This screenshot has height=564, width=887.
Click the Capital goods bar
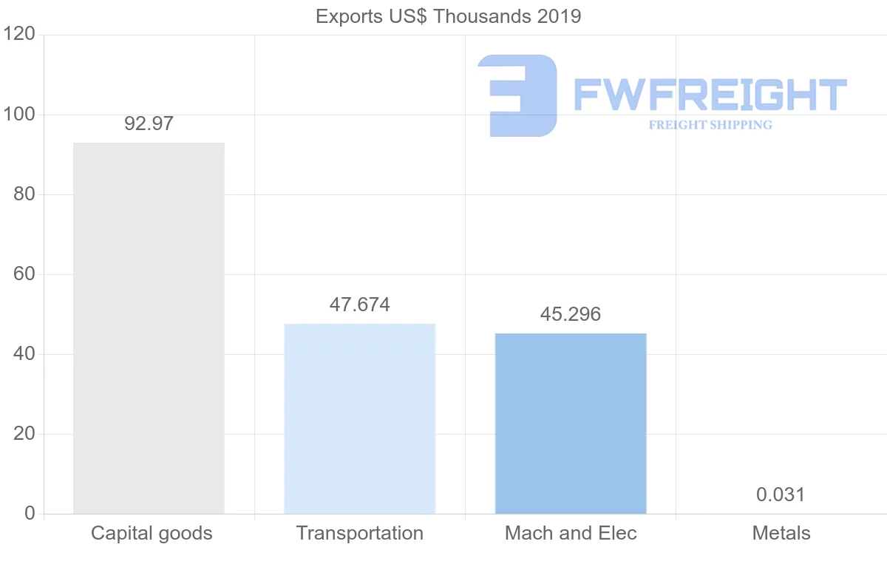tap(149, 328)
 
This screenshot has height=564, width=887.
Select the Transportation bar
tap(360, 418)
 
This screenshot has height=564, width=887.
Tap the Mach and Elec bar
tap(571, 424)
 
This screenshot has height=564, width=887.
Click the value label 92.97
tap(149, 123)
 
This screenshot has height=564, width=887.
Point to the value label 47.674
tap(360, 305)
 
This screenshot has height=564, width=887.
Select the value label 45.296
tap(571, 314)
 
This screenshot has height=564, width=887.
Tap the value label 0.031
tap(781, 495)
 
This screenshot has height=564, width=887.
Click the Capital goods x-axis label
tap(152, 533)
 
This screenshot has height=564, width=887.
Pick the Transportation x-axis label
tap(360, 533)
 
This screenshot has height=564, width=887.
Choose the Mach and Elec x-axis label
tap(571, 533)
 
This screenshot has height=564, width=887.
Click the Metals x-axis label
tap(781, 533)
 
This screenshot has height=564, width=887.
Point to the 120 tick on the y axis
tap(20, 34)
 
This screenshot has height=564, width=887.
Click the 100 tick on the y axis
tap(20, 115)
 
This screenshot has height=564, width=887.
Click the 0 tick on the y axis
tap(30, 514)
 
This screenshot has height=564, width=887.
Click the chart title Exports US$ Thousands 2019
tap(449, 16)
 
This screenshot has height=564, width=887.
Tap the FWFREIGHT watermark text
tap(710, 95)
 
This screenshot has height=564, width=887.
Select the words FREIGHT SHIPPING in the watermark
tap(710, 125)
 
